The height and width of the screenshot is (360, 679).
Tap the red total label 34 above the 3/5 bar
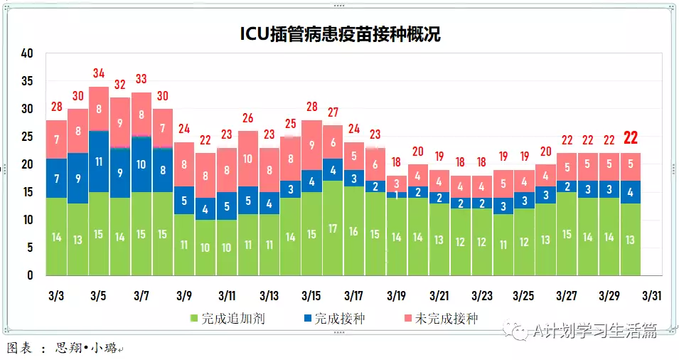point(99,73)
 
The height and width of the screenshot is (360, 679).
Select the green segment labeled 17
point(332,229)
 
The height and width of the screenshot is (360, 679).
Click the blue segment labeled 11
point(99,162)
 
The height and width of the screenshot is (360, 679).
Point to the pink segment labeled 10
point(248,159)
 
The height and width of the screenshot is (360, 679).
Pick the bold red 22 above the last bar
point(630,138)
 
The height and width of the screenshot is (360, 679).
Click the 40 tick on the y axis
point(28,53)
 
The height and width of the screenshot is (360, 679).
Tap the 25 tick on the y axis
point(28,137)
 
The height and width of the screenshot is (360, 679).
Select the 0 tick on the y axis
point(31,275)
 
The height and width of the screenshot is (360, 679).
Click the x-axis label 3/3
point(56,295)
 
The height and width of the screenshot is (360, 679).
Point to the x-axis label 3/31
point(652,295)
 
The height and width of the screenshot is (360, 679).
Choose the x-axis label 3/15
point(311,295)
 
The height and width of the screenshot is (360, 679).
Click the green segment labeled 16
point(353,231)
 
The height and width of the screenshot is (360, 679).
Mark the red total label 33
point(141,79)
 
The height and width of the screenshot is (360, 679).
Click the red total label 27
point(332,112)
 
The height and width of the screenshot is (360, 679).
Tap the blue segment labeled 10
point(141,164)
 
